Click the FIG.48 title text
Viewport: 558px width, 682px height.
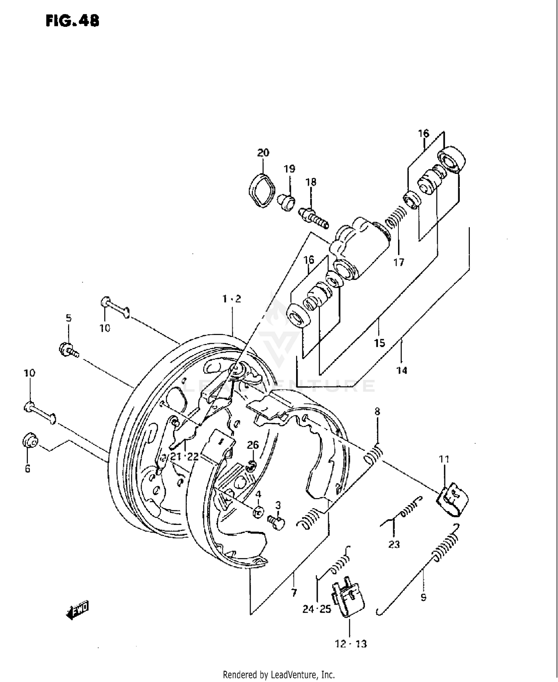pyautogui.click(x=73, y=21)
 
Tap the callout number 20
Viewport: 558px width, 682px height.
pyautogui.click(x=263, y=153)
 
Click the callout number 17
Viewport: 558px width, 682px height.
pyautogui.click(x=399, y=262)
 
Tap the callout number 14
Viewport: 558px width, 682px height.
pyautogui.click(x=402, y=370)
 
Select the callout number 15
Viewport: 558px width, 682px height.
pyautogui.click(x=379, y=342)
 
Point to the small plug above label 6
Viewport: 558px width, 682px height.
pyautogui.click(x=30, y=441)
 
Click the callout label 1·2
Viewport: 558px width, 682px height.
pyautogui.click(x=232, y=299)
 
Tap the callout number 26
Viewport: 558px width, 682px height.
pyautogui.click(x=253, y=445)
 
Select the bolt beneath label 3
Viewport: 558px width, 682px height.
pyautogui.click(x=276, y=522)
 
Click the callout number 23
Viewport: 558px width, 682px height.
pyautogui.click(x=394, y=544)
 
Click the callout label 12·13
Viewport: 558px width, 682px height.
pyautogui.click(x=351, y=644)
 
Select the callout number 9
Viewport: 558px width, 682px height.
pyautogui.click(x=423, y=597)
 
